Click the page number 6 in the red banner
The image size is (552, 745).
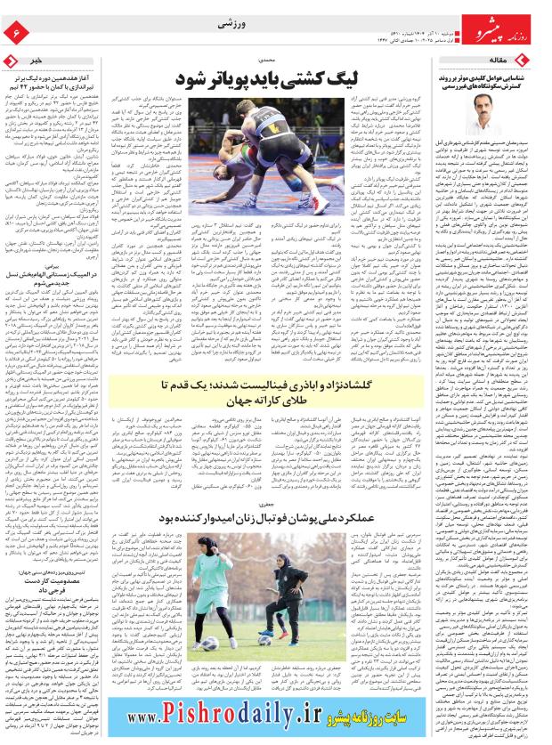pyautogui.click(x=15, y=32)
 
